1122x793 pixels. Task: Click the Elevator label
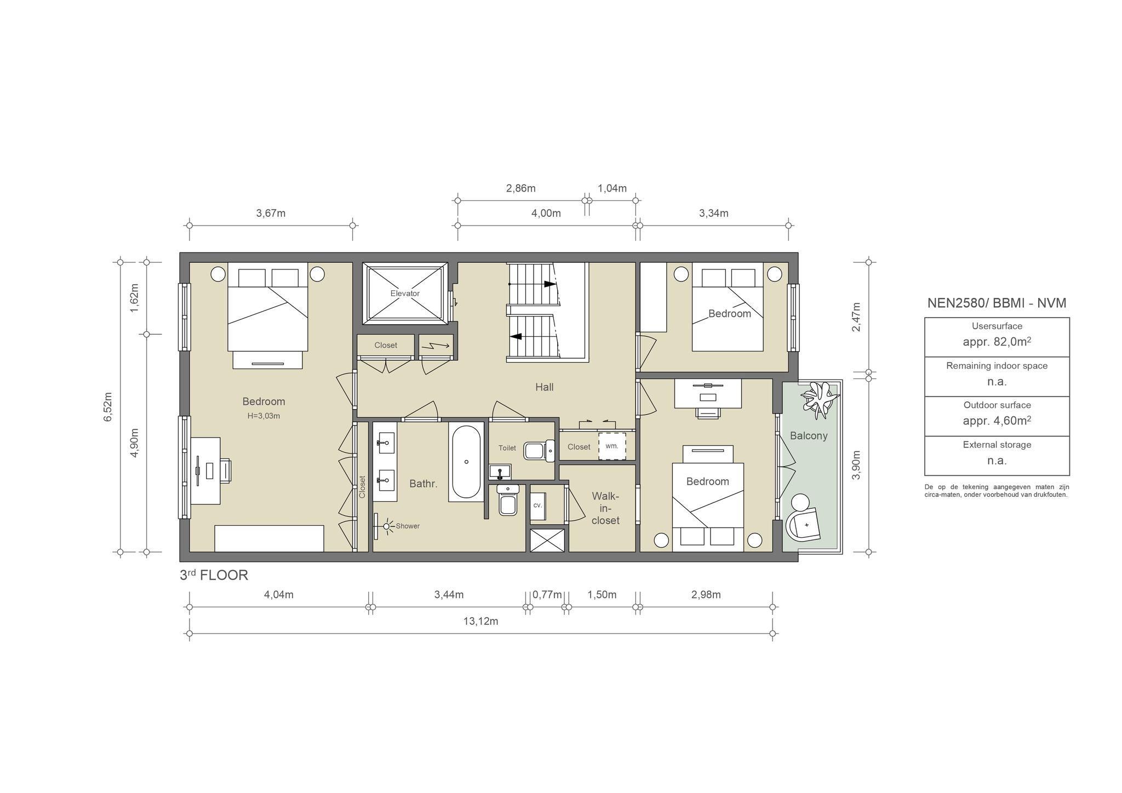(x=405, y=294)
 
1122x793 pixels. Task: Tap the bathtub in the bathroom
(x=466, y=462)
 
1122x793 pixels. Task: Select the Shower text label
(x=408, y=526)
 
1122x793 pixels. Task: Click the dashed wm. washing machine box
(x=612, y=446)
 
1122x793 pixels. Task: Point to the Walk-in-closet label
(x=605, y=508)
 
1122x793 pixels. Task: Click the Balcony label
(x=809, y=436)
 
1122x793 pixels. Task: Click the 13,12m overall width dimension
(x=480, y=621)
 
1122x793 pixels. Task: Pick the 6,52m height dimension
(x=108, y=406)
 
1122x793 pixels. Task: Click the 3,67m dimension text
(x=271, y=213)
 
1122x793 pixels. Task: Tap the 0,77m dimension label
(x=547, y=595)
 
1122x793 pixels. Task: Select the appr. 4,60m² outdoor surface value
(x=997, y=421)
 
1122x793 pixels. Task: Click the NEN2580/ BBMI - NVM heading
(x=997, y=303)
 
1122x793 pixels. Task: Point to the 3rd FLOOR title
(x=214, y=575)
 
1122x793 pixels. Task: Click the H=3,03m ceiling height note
(x=264, y=416)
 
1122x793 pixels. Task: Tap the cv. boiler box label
(x=537, y=505)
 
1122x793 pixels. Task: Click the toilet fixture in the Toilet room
(x=539, y=451)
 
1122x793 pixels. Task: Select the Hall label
(x=544, y=387)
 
